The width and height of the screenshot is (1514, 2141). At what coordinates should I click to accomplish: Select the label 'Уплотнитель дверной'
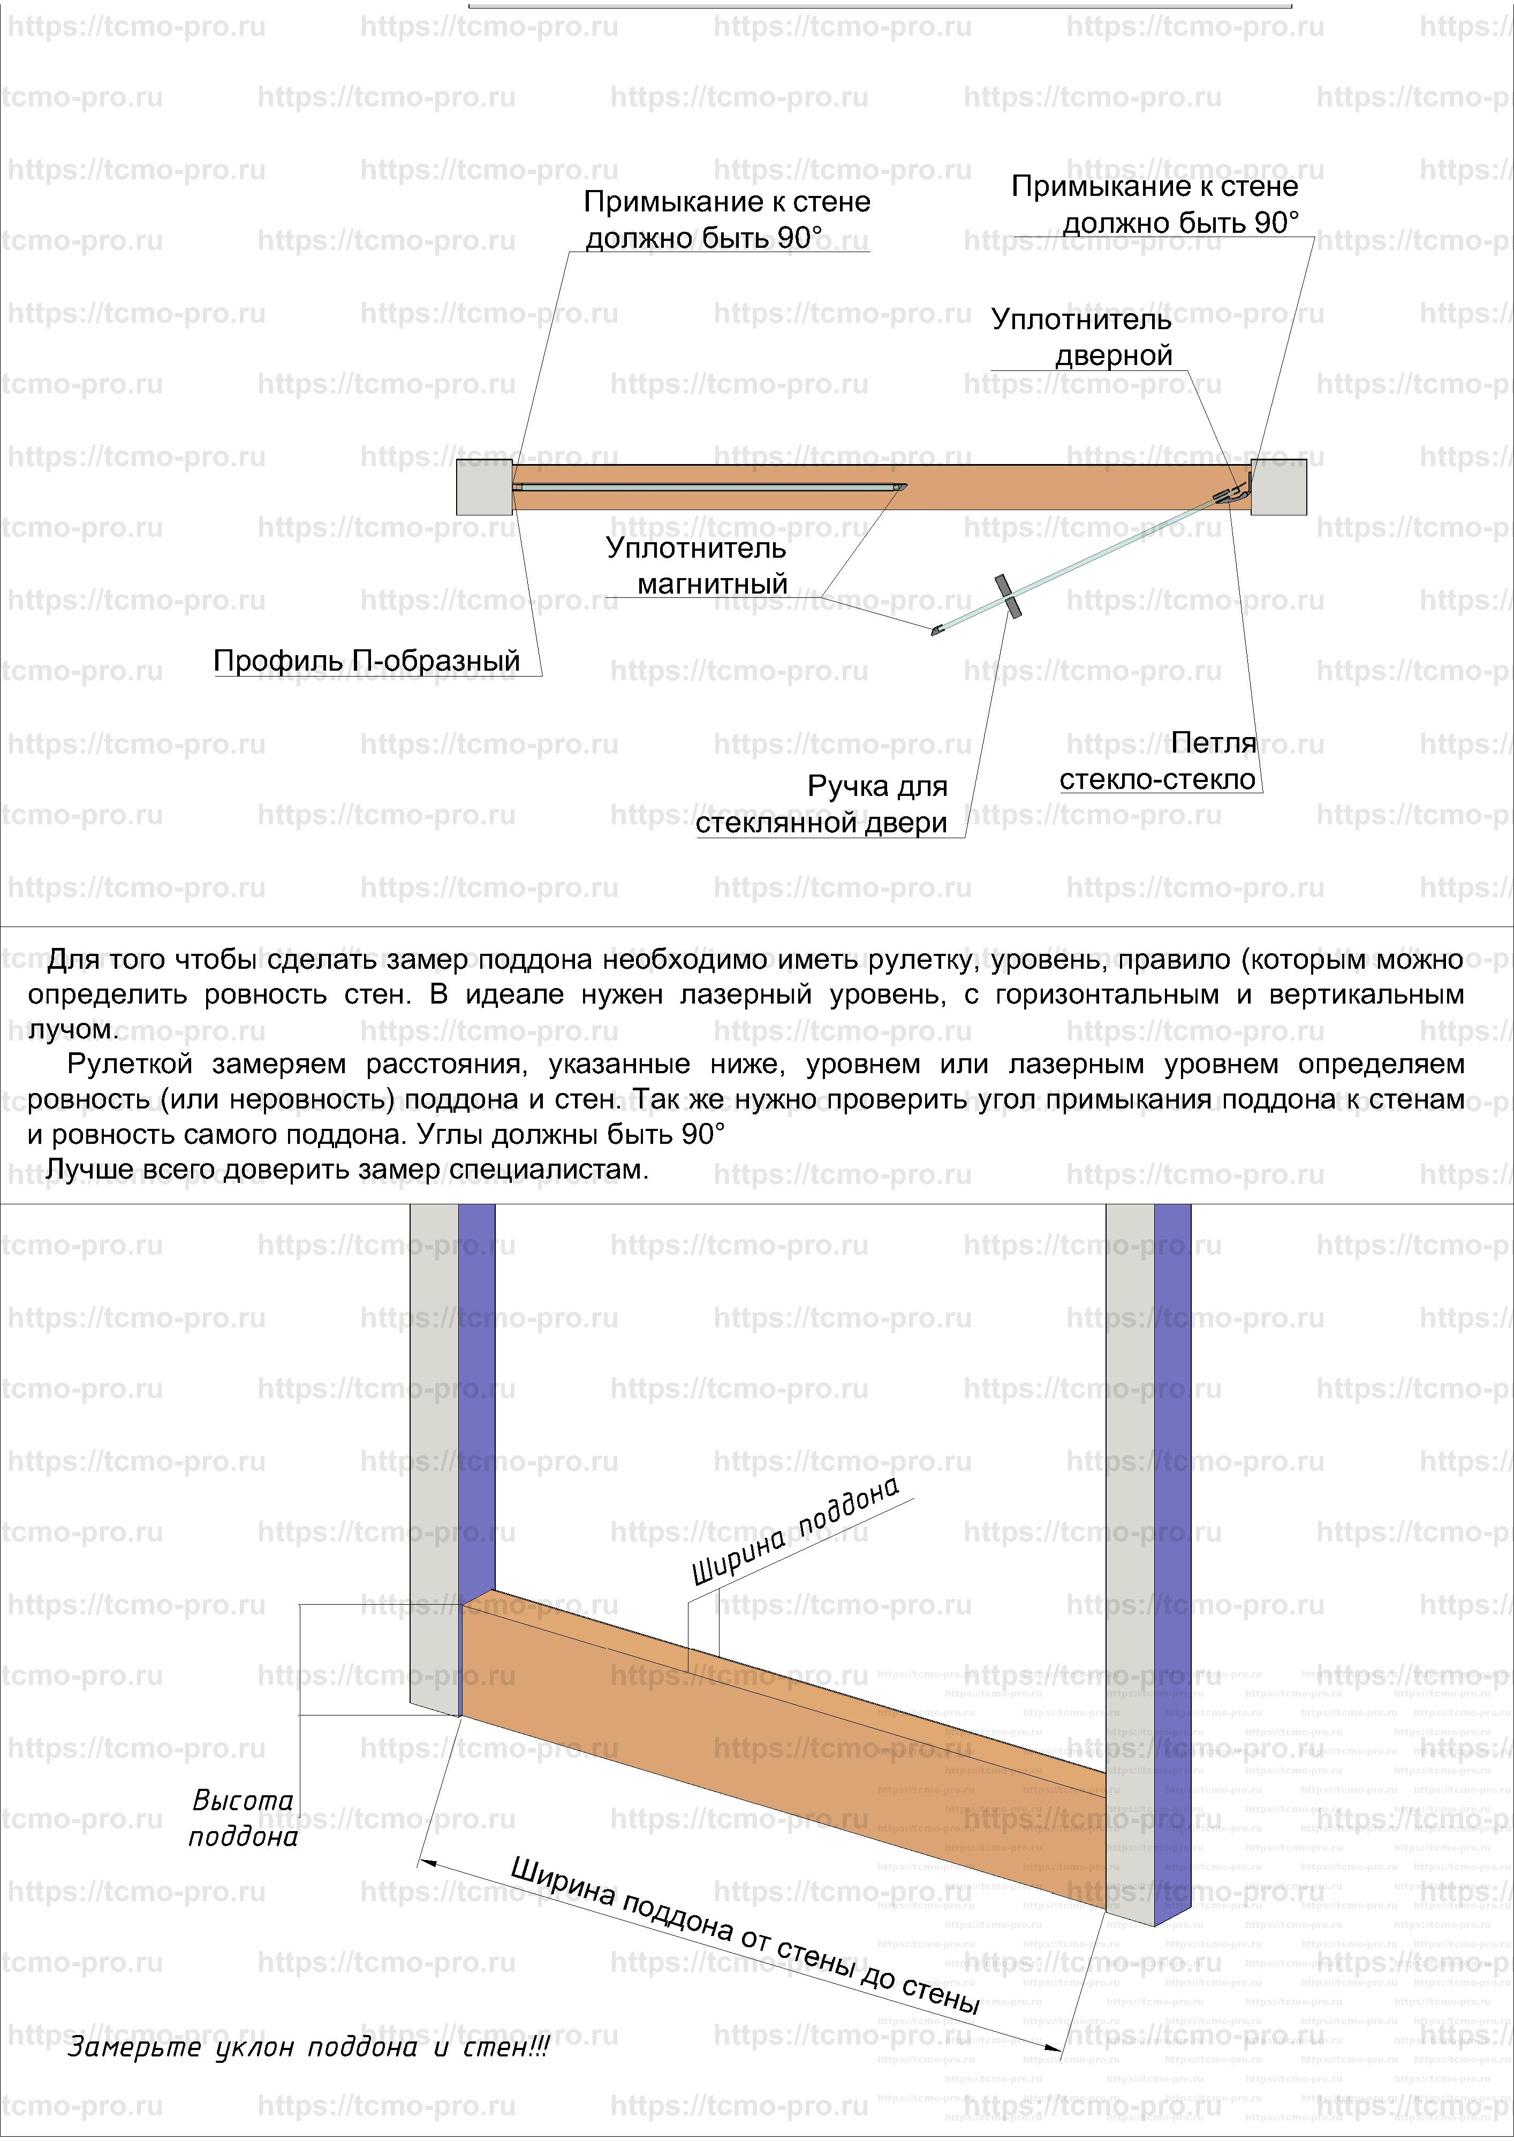1082,338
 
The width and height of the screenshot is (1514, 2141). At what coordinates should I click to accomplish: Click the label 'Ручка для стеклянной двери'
822,804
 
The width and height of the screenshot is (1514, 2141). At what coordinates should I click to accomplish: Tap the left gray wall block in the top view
483,487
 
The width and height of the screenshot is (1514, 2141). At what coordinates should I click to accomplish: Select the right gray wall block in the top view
1278,487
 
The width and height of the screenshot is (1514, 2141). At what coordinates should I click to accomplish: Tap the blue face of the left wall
476,1399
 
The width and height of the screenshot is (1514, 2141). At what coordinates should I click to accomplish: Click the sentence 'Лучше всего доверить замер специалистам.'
347,1170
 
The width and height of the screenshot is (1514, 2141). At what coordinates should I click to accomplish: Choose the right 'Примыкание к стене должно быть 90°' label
1155,205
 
